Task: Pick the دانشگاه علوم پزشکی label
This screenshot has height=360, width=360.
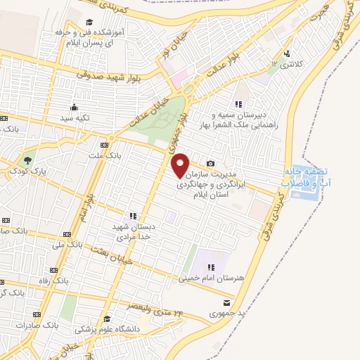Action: point(112,329)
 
